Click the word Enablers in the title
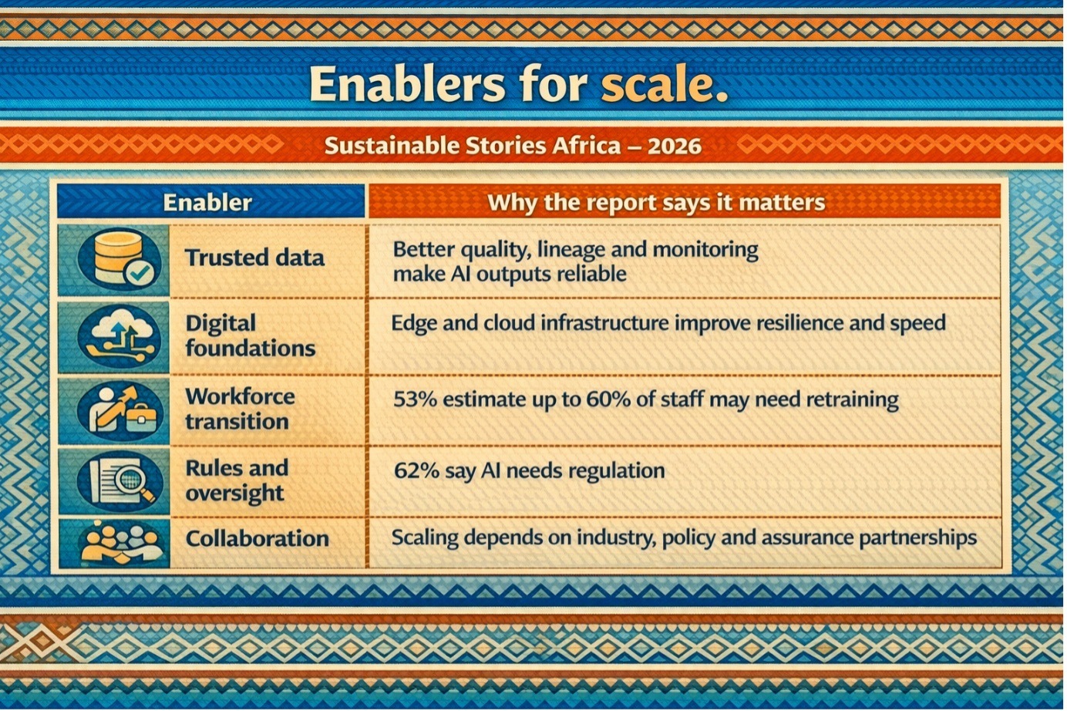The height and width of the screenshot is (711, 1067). [407, 84]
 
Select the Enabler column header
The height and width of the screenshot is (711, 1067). [207, 203]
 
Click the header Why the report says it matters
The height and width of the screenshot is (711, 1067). [656, 203]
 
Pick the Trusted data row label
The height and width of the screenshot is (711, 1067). [254, 258]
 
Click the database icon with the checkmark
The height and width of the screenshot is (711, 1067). [119, 261]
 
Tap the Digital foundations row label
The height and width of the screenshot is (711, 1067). [250, 336]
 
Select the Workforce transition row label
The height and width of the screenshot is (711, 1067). [240, 409]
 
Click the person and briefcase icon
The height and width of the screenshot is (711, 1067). [119, 411]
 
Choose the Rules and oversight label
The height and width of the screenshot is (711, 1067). [237, 481]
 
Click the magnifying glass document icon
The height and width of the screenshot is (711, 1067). [119, 481]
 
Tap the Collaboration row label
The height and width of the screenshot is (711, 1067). [257, 539]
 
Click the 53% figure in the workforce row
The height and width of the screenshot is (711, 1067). [415, 399]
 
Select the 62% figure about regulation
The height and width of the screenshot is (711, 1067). [416, 471]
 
